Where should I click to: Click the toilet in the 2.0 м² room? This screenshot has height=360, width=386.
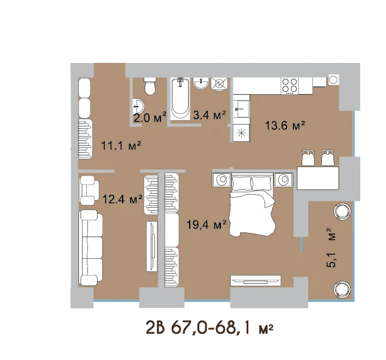click(x=150, y=86)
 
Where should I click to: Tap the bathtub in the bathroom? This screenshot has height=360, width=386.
click(x=181, y=99)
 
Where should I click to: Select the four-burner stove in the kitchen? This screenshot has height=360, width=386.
click(x=290, y=86)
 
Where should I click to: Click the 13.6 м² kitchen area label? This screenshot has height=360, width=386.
click(x=285, y=125)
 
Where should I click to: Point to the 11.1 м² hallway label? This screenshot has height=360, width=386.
click(x=121, y=146)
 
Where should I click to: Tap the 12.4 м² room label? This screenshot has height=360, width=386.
click(x=122, y=199)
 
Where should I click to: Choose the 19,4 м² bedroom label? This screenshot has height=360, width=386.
click(x=206, y=224)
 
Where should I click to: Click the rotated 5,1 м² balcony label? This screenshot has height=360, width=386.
click(x=330, y=247)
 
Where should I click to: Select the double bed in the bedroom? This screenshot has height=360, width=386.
click(x=252, y=204)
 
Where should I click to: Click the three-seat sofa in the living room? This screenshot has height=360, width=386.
click(x=90, y=247)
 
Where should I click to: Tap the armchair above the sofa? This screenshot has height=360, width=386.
click(x=89, y=190)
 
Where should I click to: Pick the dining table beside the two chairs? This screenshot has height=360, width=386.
click(x=318, y=178)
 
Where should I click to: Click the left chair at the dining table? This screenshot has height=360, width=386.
click(x=308, y=158)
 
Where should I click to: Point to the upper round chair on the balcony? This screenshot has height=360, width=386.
click(x=342, y=211)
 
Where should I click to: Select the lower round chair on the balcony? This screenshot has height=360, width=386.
click(x=342, y=289)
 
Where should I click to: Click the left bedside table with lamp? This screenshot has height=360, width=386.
click(x=221, y=179)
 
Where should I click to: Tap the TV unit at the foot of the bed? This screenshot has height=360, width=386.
click(x=256, y=280)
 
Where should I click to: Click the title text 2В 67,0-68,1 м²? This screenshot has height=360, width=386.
click(x=209, y=328)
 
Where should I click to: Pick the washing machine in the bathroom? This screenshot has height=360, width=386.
click(x=220, y=84)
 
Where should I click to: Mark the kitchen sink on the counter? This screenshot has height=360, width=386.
click(x=241, y=108)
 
